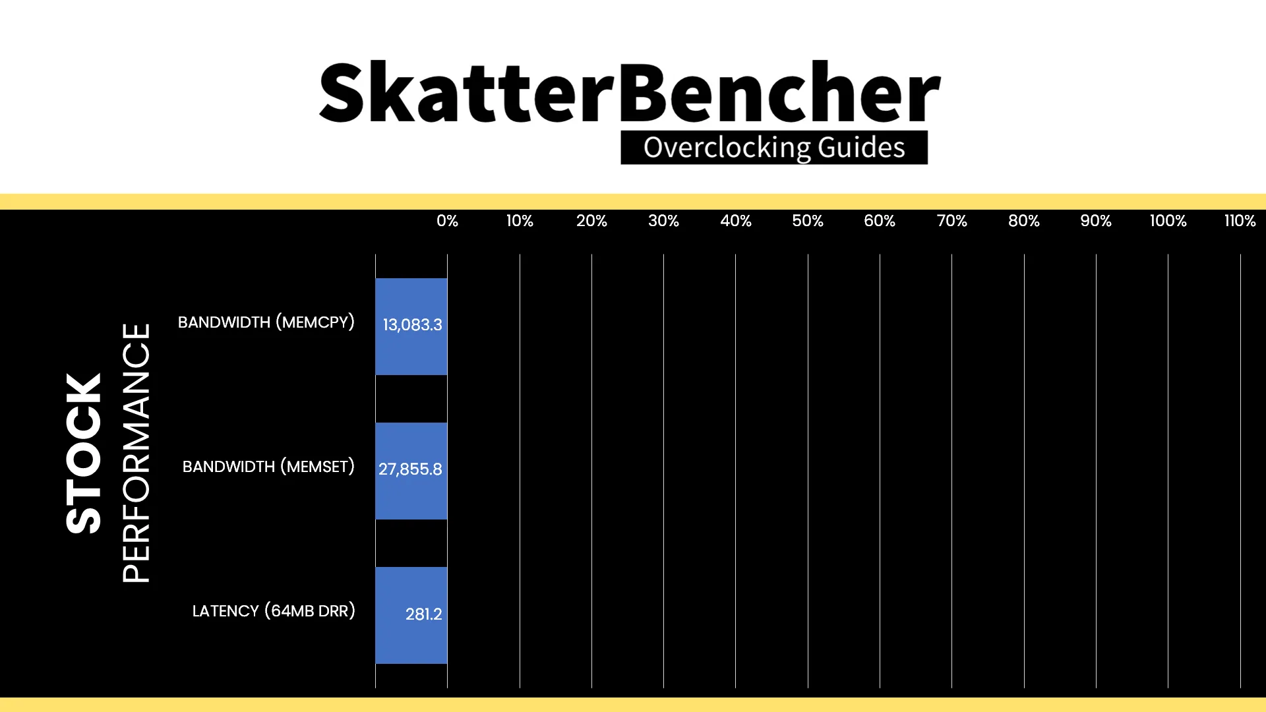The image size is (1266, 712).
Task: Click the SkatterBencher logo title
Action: [x=630, y=92]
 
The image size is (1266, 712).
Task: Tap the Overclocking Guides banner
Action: [x=774, y=147]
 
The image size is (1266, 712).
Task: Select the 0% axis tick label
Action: [x=447, y=221]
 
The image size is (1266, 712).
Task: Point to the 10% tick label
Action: [x=520, y=221]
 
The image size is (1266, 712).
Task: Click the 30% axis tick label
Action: [x=663, y=221]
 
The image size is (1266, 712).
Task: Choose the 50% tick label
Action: [x=808, y=221]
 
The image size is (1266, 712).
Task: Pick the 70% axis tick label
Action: [x=951, y=221]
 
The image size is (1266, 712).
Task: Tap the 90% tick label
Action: [x=1096, y=221]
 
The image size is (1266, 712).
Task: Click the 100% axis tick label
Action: [x=1168, y=221]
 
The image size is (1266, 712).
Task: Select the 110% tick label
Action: [x=1240, y=221]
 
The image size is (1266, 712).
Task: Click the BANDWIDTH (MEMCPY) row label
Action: [x=266, y=322]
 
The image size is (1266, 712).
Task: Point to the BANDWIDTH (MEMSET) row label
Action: [x=268, y=467]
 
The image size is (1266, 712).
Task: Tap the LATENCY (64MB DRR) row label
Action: [x=274, y=611]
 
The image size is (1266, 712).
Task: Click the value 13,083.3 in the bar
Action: [x=412, y=325]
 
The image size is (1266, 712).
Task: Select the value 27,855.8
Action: [x=410, y=469]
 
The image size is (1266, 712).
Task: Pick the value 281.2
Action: [x=423, y=614]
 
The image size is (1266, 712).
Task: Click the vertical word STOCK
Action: [x=84, y=454]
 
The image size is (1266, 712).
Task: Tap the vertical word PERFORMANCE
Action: [x=136, y=453]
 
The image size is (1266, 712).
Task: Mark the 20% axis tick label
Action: [x=591, y=221]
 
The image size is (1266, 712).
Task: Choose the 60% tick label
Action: [x=880, y=221]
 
